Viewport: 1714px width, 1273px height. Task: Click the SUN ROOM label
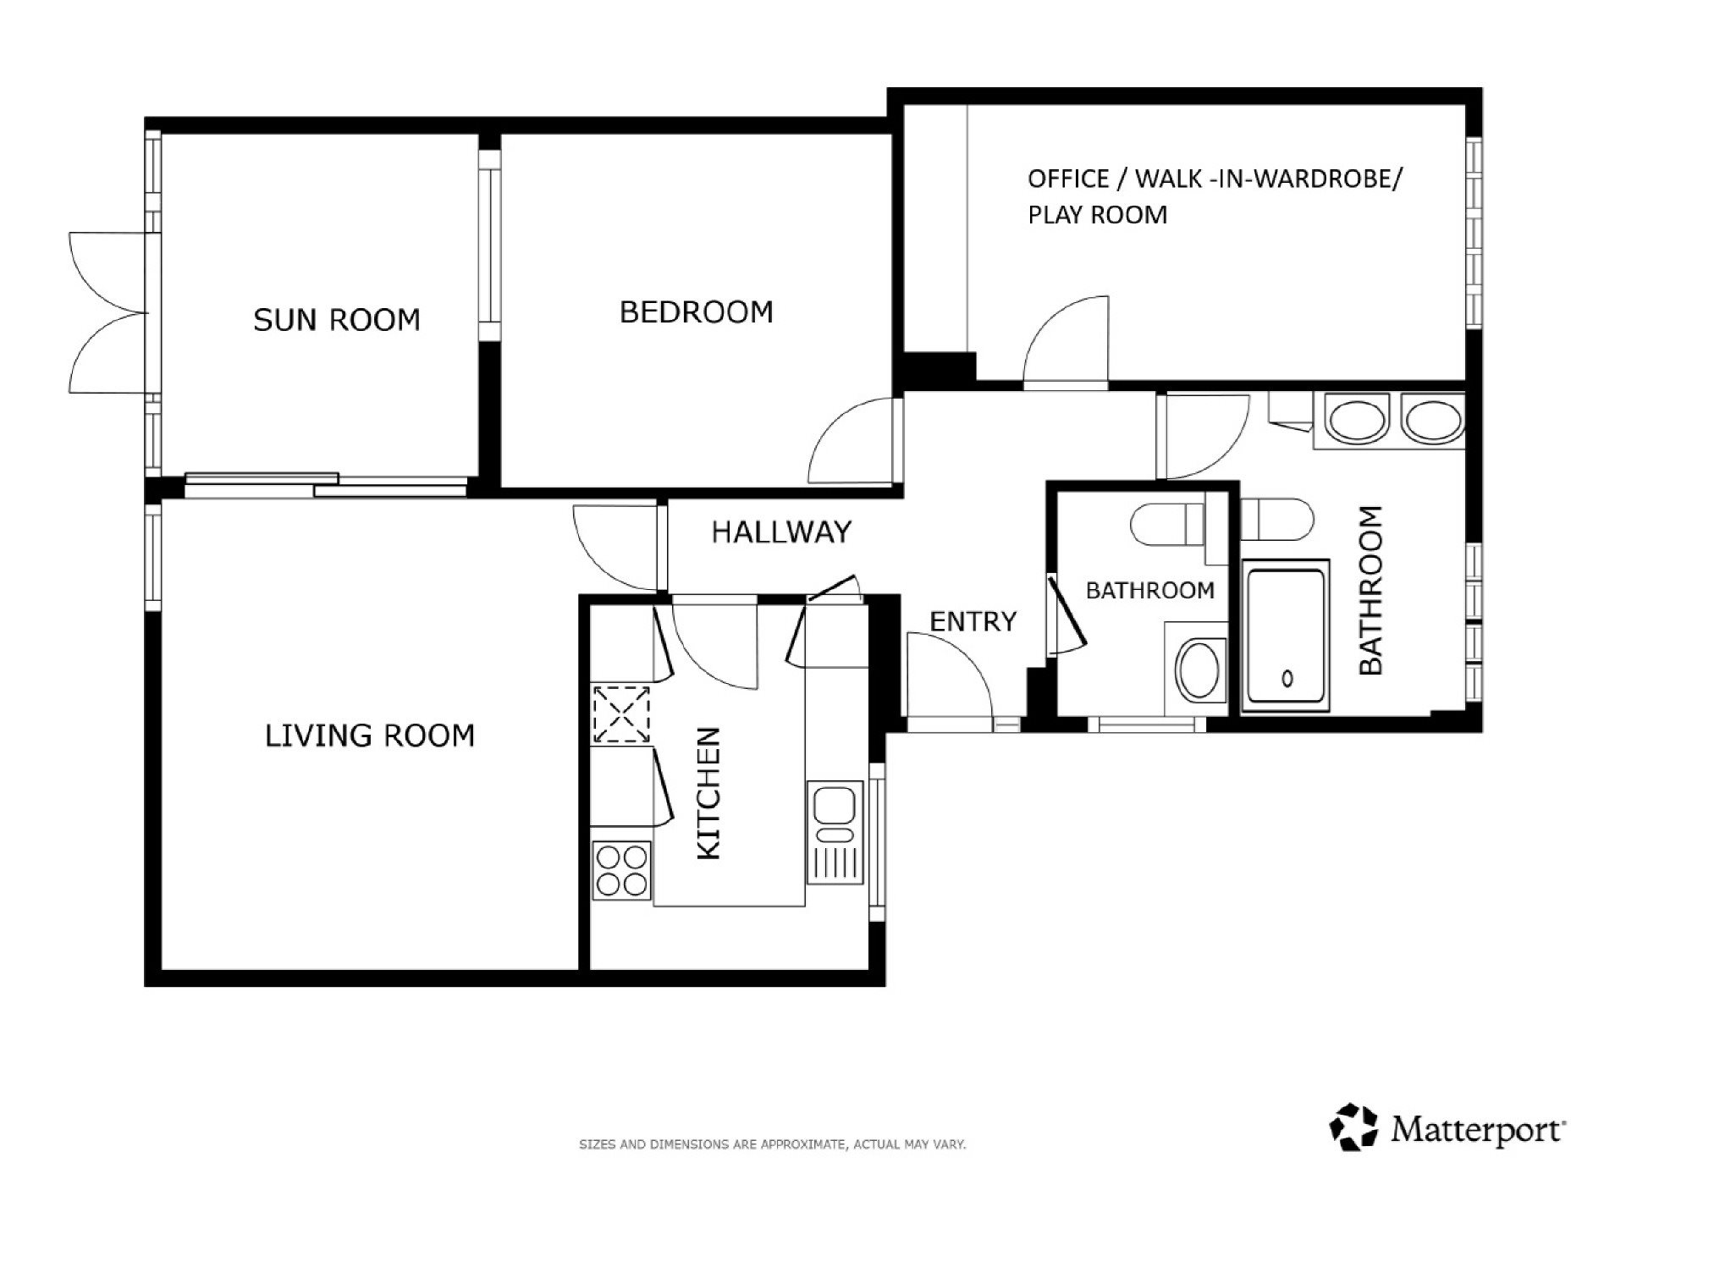[337, 320]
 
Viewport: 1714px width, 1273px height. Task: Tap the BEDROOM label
[697, 312]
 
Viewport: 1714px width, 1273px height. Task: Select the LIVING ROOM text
[370, 736]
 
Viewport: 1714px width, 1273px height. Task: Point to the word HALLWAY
[781, 532]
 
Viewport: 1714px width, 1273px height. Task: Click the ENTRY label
[973, 622]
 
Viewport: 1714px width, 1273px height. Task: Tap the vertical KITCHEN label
[708, 793]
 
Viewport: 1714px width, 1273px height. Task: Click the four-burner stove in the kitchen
[622, 871]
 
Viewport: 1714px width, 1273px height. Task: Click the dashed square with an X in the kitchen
[621, 714]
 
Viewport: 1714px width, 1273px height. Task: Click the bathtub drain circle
[1287, 678]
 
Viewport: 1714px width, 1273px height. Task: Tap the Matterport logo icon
[1354, 1127]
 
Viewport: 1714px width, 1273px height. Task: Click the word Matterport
[1477, 1130]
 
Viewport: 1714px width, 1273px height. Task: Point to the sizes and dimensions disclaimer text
[772, 1144]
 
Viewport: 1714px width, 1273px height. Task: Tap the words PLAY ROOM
[1098, 215]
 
